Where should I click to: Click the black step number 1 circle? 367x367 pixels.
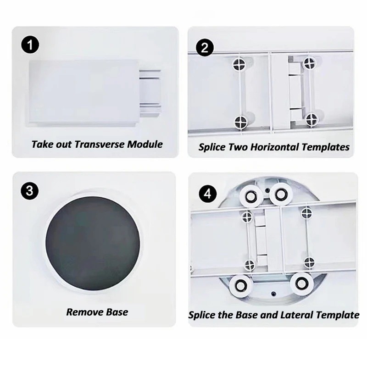tap(30, 44)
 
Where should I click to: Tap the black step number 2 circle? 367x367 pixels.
tap(205, 48)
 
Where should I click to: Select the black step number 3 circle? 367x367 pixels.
tap(29, 191)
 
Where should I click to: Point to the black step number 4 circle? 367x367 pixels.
tap(208, 194)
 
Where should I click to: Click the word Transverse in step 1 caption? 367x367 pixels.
tap(100, 144)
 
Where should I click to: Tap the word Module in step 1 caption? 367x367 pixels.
tap(145, 144)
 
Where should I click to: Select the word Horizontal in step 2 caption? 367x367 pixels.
tap(275, 147)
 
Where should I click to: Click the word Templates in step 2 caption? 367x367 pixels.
tap(326, 147)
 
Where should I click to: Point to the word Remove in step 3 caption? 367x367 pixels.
tap(85, 312)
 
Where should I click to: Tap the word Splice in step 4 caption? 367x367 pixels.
tap(202, 315)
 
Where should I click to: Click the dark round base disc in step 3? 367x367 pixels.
tap(93, 245)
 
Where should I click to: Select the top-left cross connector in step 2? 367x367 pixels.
tap(240, 64)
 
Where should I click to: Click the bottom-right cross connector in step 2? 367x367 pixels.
tap(312, 120)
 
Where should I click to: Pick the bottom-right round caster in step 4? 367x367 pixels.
tap(301, 284)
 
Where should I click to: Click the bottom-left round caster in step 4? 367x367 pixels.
tap(240, 285)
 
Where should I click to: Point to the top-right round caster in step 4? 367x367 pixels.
tap(281, 194)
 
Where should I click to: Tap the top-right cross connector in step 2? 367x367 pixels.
tap(310, 63)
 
